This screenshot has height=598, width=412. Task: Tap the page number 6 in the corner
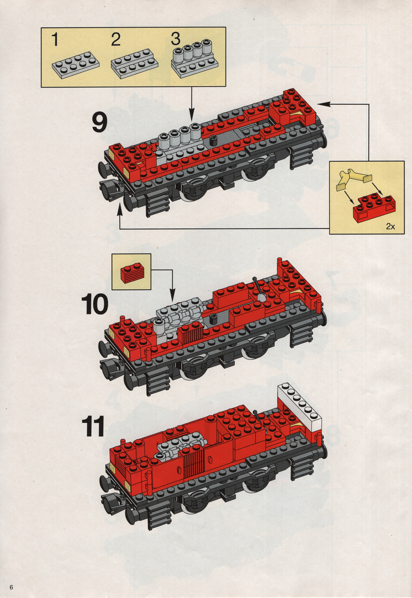[10, 588]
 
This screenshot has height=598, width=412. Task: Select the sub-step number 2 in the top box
[115, 40]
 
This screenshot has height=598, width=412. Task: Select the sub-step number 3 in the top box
[176, 40]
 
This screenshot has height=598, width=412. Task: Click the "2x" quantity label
[390, 226]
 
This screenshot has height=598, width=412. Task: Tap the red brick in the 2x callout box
[373, 206]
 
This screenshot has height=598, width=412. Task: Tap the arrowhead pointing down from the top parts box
[192, 118]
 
